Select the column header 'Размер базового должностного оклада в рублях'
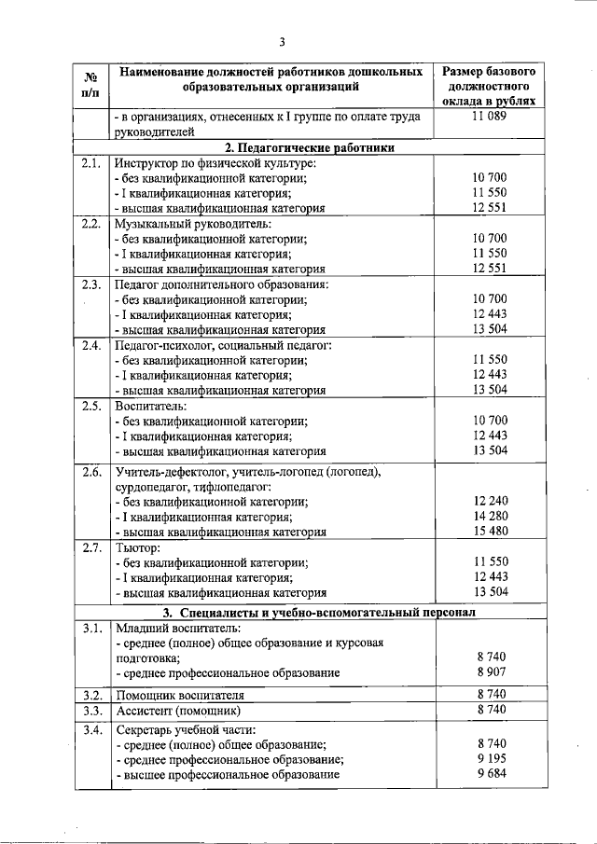[x=489, y=87]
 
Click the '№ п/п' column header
[x=92, y=87]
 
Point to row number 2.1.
[x=91, y=162]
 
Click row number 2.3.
[x=91, y=284]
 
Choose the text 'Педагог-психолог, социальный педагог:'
[x=210, y=344]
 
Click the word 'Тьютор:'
[x=138, y=547]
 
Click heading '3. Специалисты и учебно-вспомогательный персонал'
[x=318, y=613]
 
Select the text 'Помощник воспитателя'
[x=178, y=695]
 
